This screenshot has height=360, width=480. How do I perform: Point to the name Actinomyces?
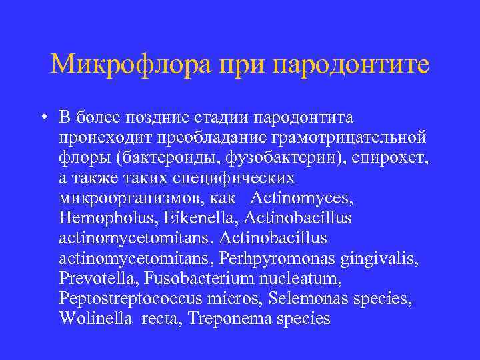(301, 198)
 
